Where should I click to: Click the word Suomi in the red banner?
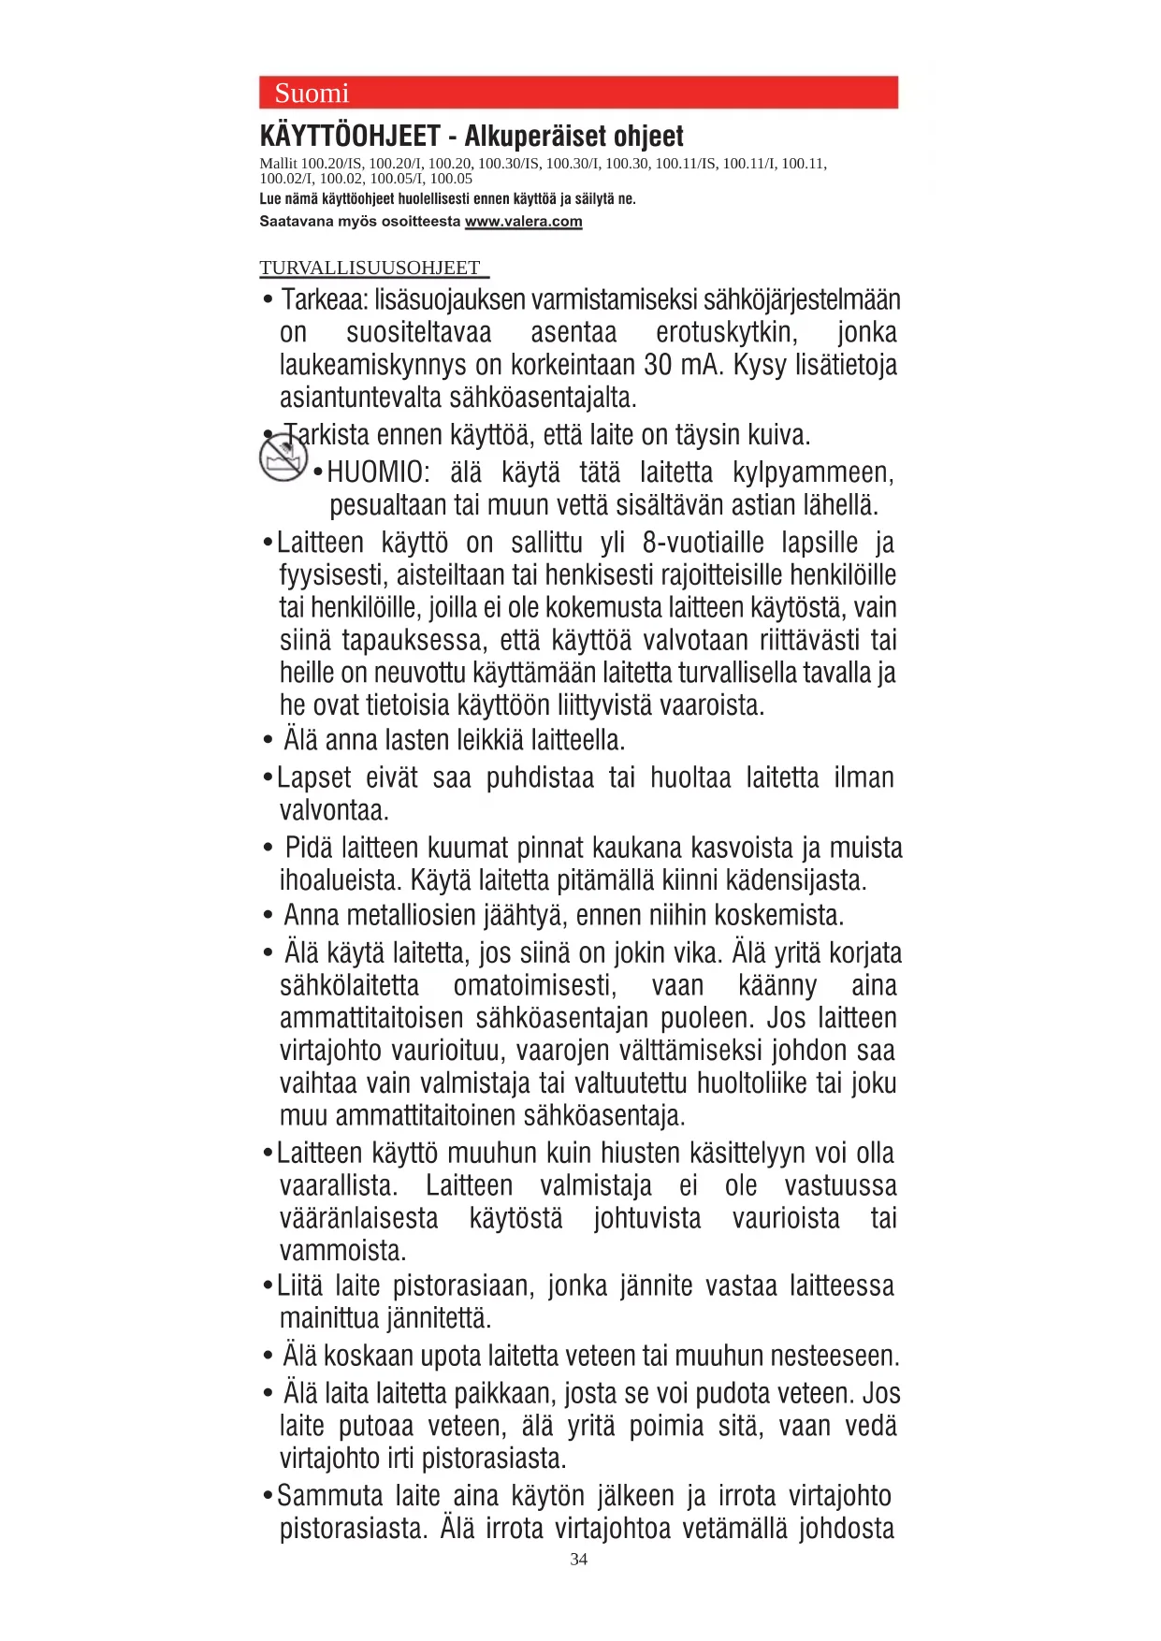(312, 94)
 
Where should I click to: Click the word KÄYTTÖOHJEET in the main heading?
(350, 137)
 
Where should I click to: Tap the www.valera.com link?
(523, 222)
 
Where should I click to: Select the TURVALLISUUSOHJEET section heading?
(370, 268)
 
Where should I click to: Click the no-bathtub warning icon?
(283, 458)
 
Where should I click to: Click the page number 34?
(579, 1559)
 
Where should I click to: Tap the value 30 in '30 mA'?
(658, 365)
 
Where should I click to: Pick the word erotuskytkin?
(727, 332)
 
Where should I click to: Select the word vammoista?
(342, 1251)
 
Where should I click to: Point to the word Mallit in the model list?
(278, 164)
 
